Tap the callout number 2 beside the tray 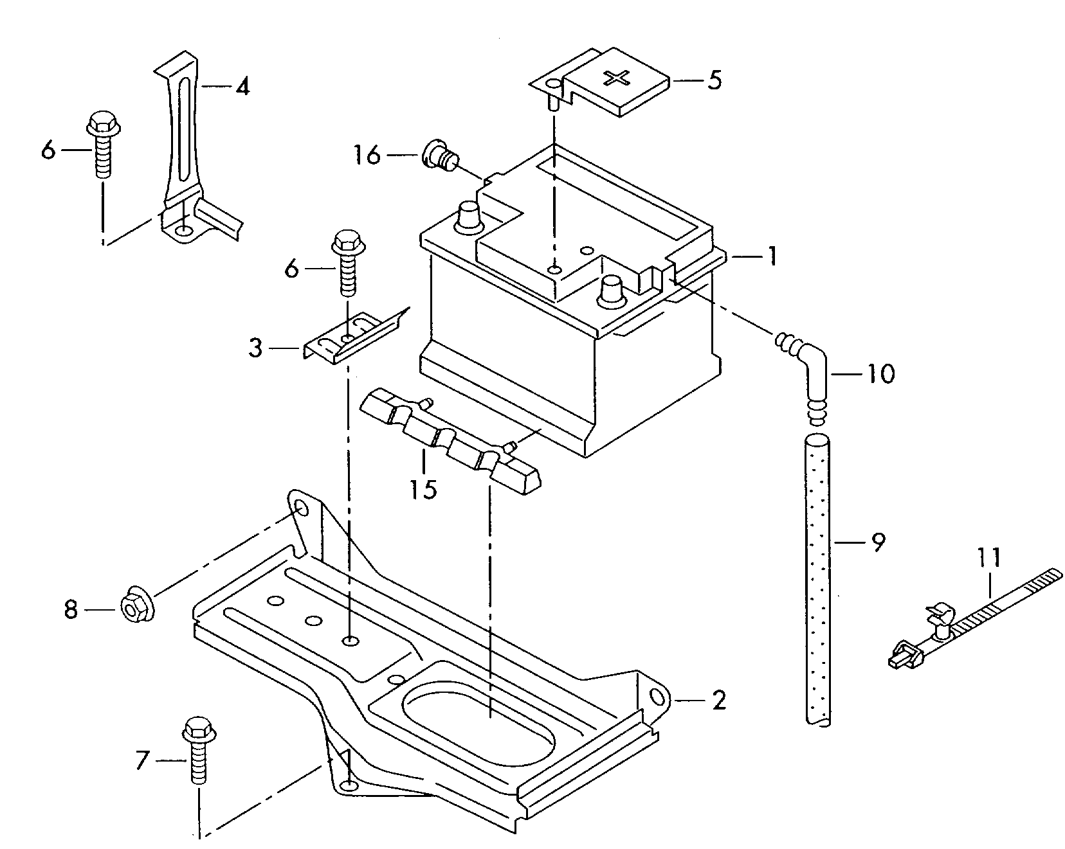(718, 699)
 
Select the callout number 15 (424, 489)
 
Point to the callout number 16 (367, 155)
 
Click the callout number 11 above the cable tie (990, 557)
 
